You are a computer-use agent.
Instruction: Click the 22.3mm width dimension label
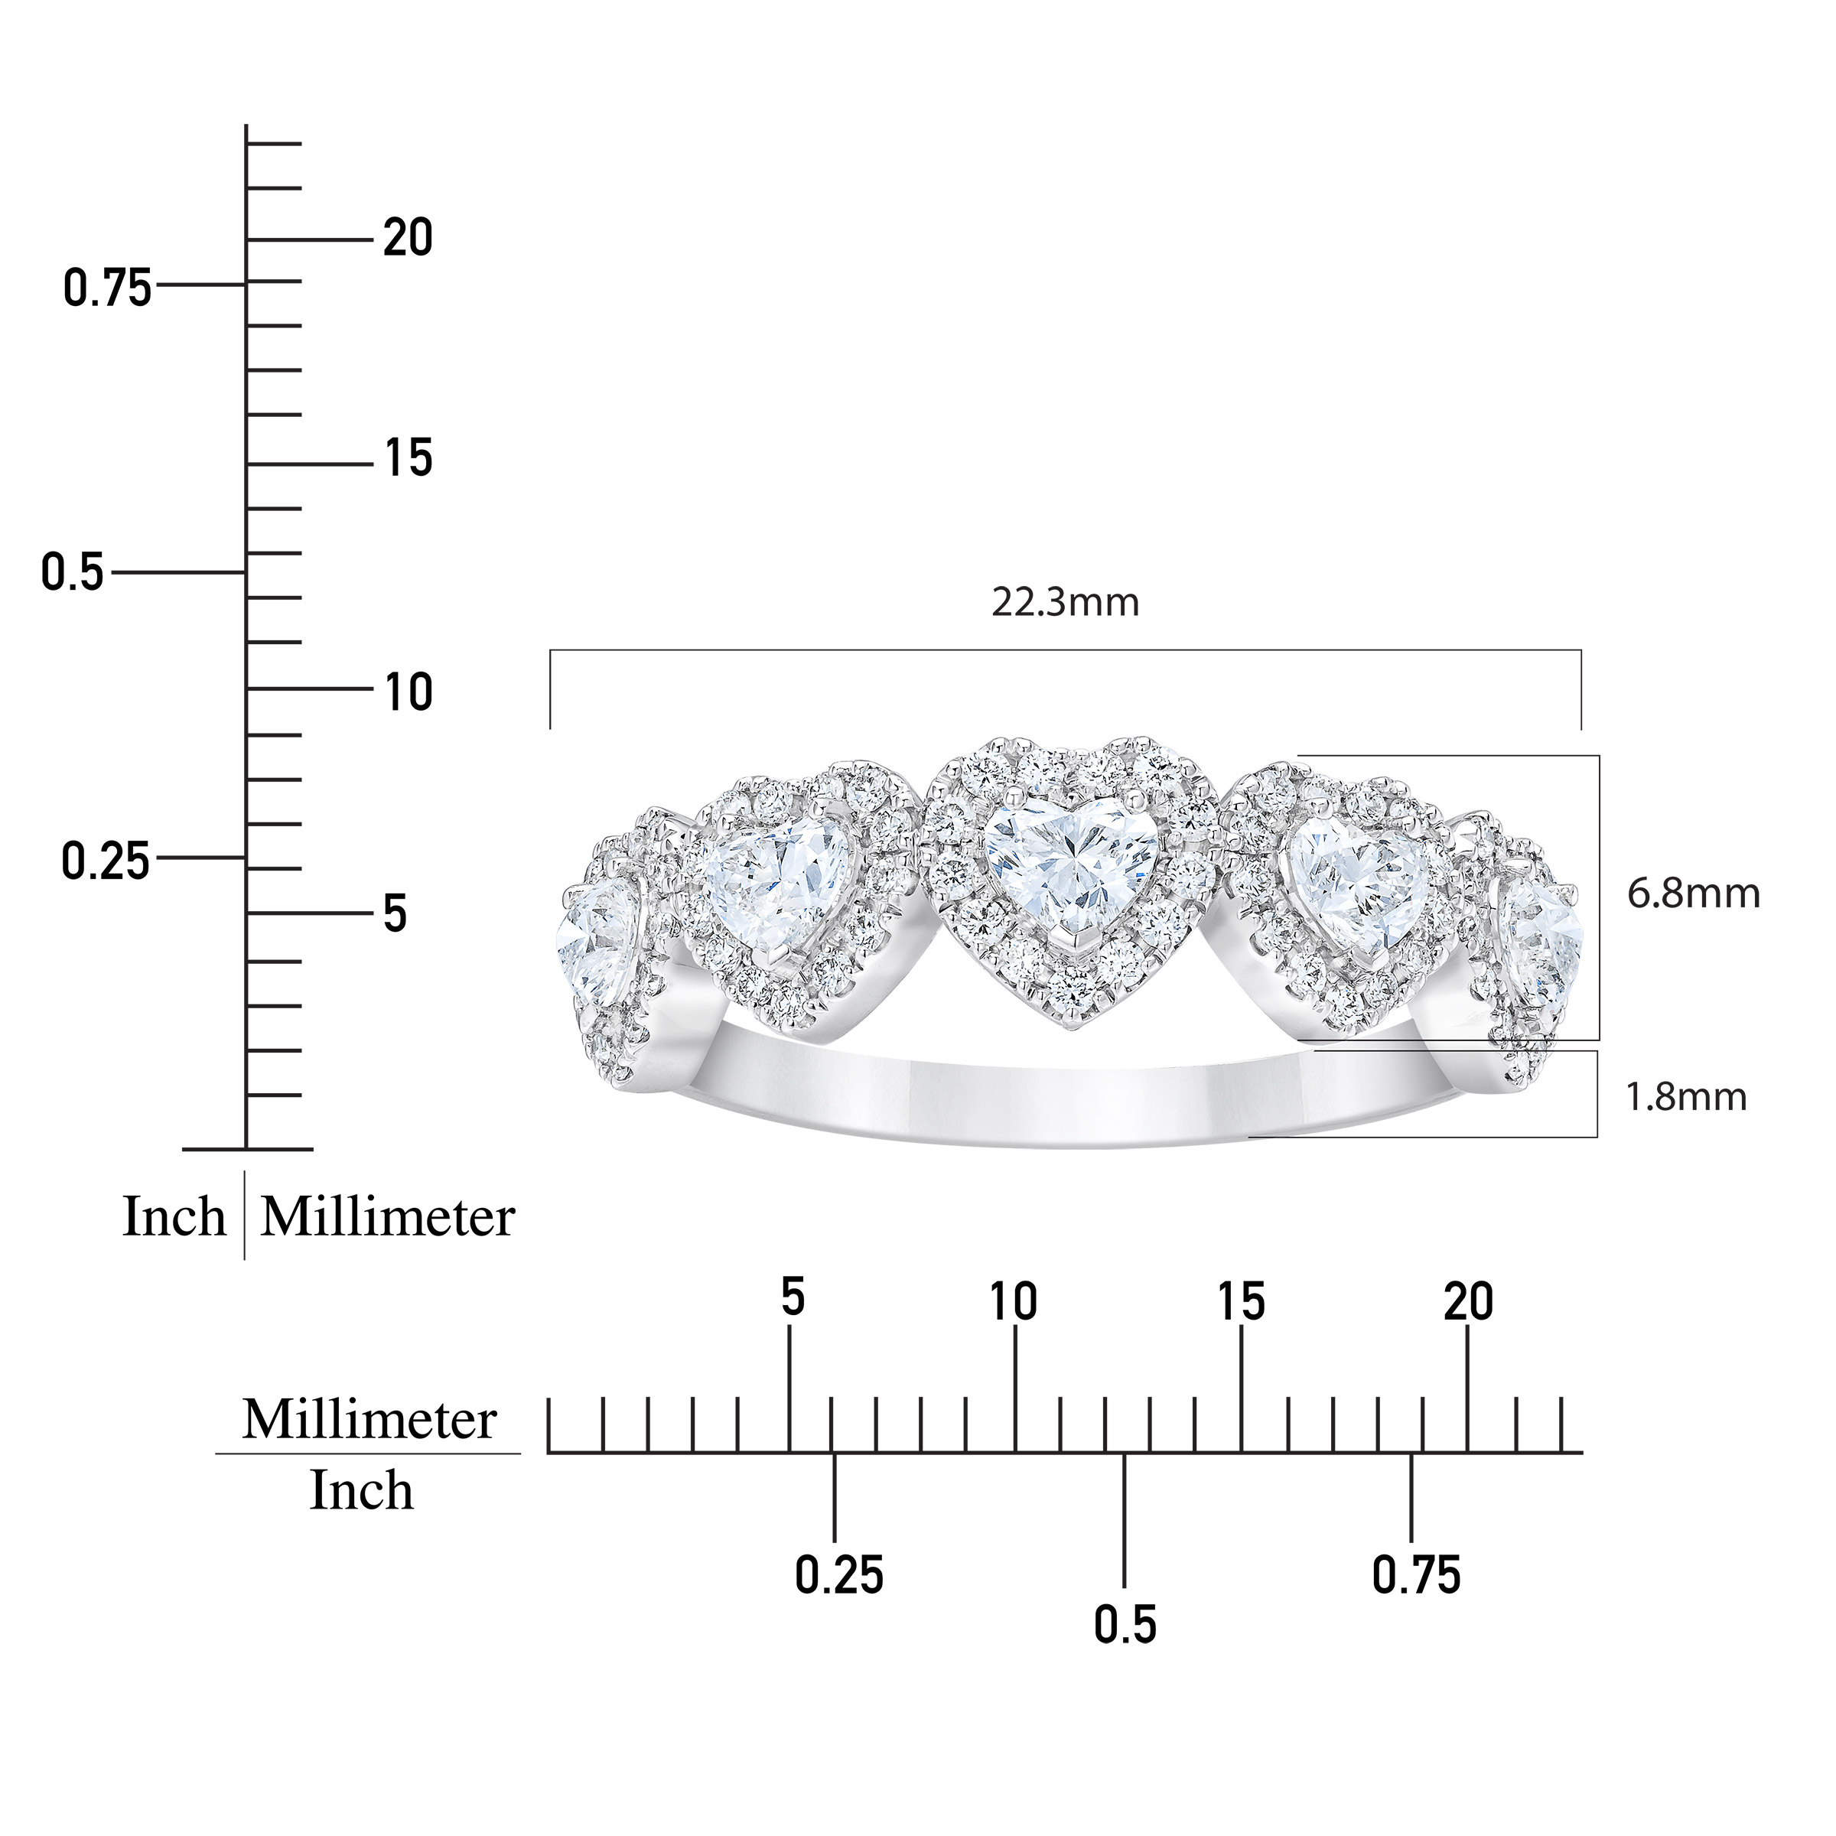(x=1066, y=603)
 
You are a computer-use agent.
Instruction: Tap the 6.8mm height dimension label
(x=1694, y=894)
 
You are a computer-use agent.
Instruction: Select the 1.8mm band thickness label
(x=1687, y=1097)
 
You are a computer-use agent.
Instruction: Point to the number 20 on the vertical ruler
(x=408, y=238)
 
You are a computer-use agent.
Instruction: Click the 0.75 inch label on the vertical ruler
(x=107, y=288)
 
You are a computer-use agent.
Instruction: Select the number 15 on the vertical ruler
(x=409, y=458)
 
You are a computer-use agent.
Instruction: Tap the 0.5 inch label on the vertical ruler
(x=72, y=574)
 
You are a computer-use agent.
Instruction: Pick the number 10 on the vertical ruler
(x=409, y=693)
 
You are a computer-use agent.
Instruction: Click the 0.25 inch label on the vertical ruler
(x=106, y=862)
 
